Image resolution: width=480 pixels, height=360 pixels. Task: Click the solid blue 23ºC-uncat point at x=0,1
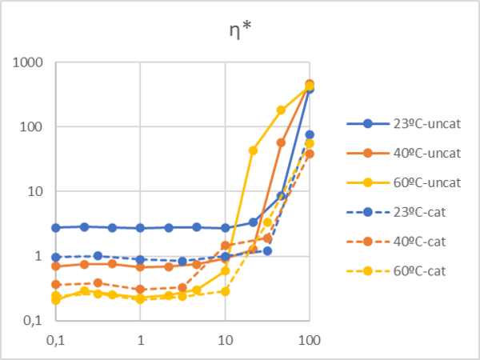(56, 228)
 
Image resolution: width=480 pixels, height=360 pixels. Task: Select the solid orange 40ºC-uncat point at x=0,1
(56, 266)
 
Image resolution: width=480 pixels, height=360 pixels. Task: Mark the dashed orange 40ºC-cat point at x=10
(225, 246)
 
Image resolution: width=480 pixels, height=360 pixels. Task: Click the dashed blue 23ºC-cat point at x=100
(310, 134)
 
